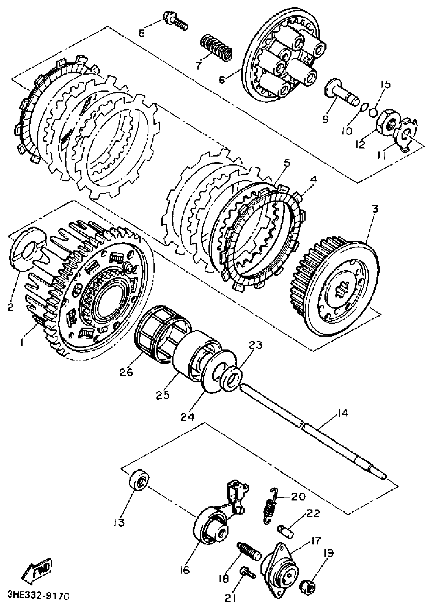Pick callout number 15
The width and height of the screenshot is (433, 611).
click(386, 84)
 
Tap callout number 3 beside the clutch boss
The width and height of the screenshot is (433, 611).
click(375, 209)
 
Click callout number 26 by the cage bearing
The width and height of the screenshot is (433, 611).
click(126, 373)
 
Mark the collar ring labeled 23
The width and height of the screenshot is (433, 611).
click(232, 377)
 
